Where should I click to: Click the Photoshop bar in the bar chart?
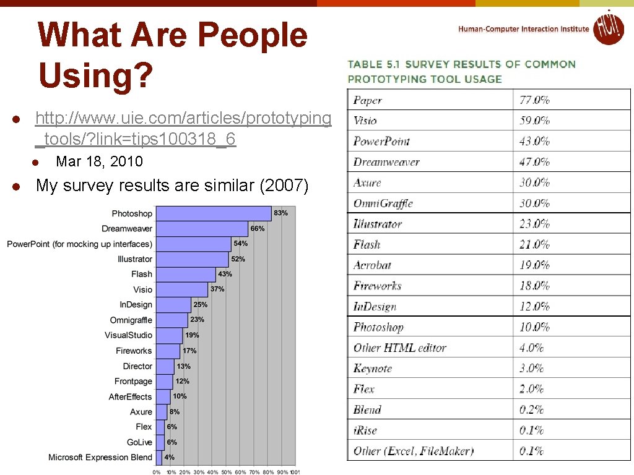tap(213, 213)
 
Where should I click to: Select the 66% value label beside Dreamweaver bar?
tap(258, 228)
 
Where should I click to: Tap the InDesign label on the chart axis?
tap(136, 304)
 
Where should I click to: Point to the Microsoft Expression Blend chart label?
tap(100, 457)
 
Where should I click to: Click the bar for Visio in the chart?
tap(181, 289)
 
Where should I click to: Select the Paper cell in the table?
tap(368, 100)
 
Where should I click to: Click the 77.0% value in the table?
tap(534, 100)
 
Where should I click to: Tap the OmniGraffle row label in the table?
tap(383, 203)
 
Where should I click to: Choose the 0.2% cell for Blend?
tap(531, 409)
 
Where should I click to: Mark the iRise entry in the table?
tap(365, 430)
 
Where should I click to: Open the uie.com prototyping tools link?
tap(183, 128)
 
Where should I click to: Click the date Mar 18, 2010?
tap(99, 161)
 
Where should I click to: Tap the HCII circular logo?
tap(609, 28)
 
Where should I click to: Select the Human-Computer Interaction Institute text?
tap(524, 29)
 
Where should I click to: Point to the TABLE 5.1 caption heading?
tap(461, 71)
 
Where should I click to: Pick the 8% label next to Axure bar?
tap(175, 411)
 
